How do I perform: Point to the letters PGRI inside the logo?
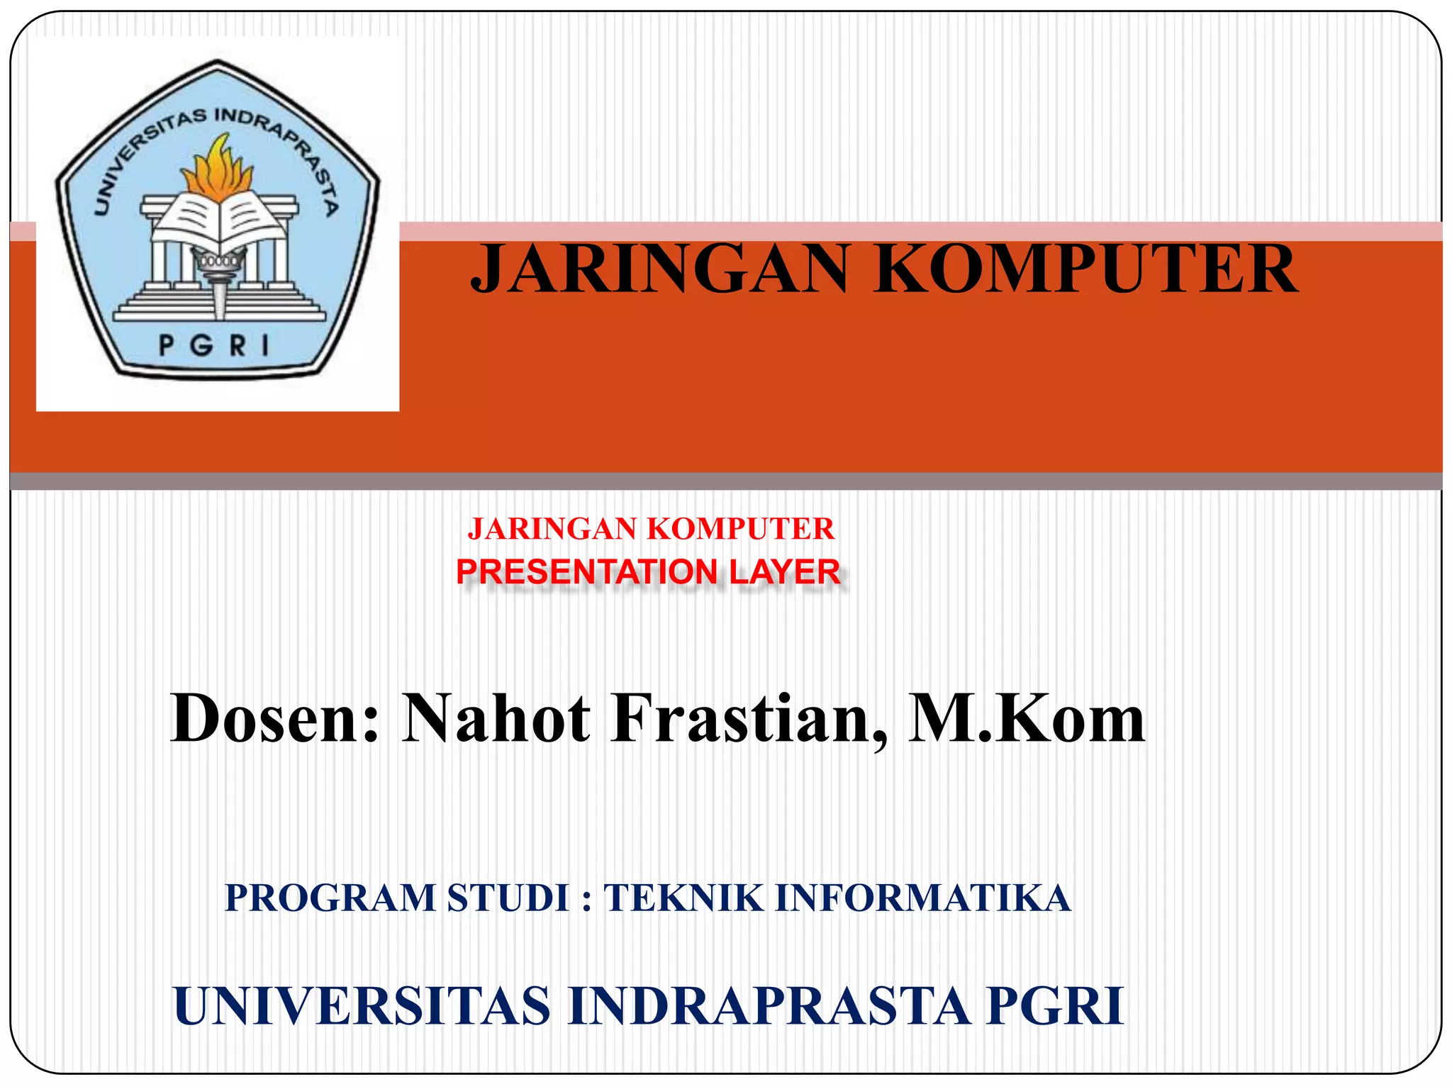click(214, 346)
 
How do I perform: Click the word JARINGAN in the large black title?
click(660, 269)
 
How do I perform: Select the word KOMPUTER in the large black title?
click(1085, 269)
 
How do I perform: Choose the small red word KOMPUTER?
click(740, 529)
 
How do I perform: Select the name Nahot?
click(496, 719)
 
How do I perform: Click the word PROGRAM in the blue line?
click(330, 898)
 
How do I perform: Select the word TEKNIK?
click(683, 898)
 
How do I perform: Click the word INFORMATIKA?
click(922, 898)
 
